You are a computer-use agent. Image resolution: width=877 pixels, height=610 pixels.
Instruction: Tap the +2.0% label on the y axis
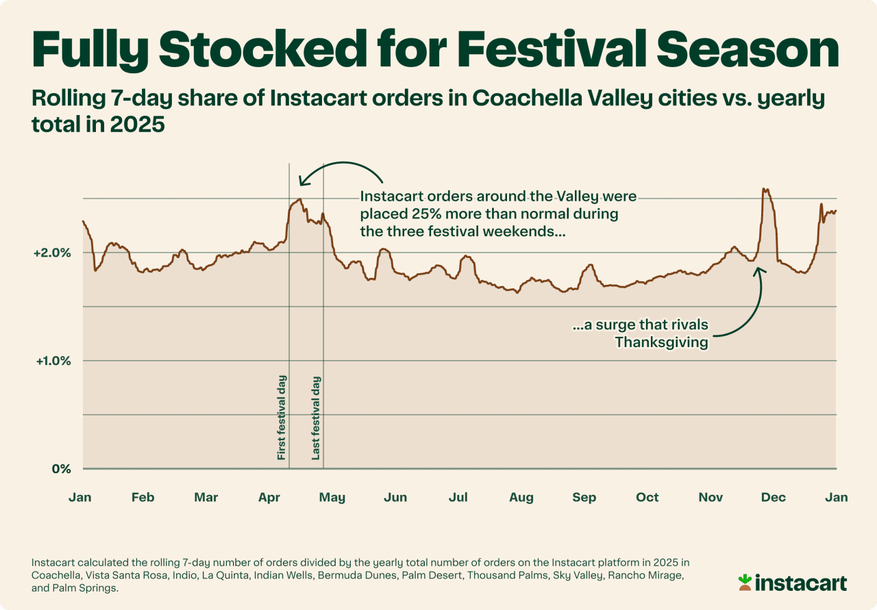(52, 253)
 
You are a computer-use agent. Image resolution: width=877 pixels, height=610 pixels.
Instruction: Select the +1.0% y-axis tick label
(52, 361)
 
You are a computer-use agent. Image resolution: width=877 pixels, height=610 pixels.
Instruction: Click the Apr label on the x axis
(269, 497)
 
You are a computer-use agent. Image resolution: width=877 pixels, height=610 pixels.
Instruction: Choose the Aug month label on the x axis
(521, 497)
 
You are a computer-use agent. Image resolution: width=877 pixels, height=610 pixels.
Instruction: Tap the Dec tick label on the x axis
(774, 497)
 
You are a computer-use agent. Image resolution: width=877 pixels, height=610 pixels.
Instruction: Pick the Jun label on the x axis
(395, 497)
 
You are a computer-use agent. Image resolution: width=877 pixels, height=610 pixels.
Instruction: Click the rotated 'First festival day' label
(282, 417)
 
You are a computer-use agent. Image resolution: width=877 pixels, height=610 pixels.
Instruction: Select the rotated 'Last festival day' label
(316, 417)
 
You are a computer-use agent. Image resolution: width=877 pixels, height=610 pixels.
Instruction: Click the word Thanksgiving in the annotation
(661, 342)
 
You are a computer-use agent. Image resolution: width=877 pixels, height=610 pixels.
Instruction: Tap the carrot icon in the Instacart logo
(745, 583)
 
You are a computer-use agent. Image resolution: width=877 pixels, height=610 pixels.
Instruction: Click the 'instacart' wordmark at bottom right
(801, 583)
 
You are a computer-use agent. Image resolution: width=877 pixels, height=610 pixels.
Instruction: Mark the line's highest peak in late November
(765, 190)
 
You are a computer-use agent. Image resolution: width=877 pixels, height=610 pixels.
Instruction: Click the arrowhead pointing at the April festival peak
(301, 181)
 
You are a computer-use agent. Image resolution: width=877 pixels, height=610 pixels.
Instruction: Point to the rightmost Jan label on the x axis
(837, 497)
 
